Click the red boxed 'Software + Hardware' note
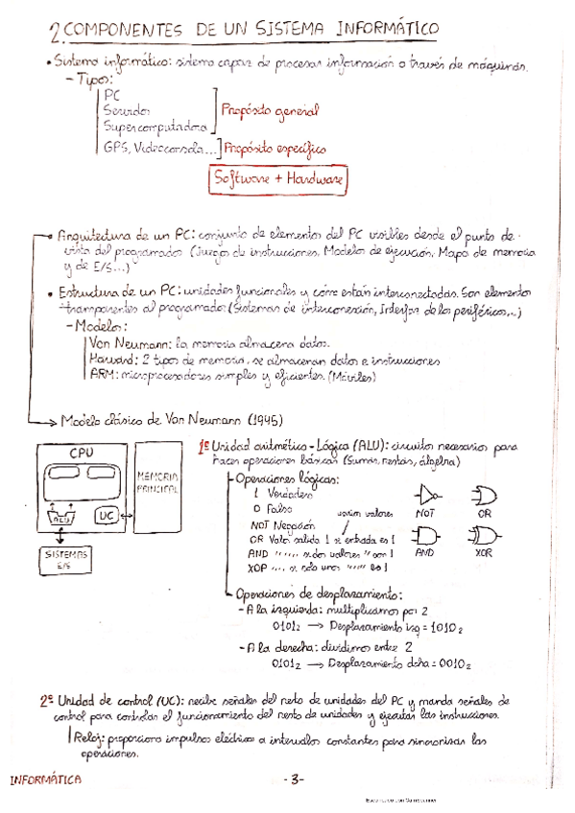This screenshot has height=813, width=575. click(x=278, y=179)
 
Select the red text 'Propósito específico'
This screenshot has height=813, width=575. click(x=276, y=149)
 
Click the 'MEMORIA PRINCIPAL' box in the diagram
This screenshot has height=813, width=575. click(x=159, y=483)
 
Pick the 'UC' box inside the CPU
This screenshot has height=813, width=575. click(x=106, y=517)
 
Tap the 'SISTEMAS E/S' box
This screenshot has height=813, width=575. click(x=65, y=559)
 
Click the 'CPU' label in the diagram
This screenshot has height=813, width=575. click(x=81, y=453)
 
